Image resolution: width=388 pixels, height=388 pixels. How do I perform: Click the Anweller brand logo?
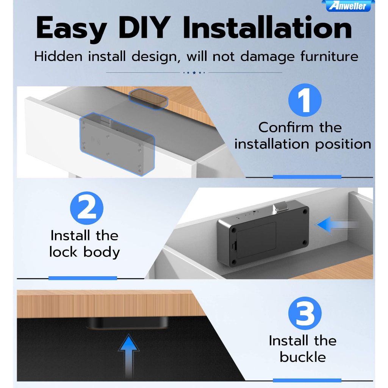pos(348,6)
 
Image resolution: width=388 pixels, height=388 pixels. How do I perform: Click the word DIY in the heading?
pos(145,27)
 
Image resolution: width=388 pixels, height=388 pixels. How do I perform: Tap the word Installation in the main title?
pos(267,27)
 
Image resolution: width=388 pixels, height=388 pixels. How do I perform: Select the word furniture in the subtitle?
pos(329,56)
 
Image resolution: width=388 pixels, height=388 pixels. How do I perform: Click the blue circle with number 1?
pos(305,100)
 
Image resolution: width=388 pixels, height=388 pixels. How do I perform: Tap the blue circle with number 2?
pos(87,208)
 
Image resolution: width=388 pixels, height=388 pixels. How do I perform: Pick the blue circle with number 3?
pos(305,313)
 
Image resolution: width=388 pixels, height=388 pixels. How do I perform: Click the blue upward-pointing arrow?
pos(129,356)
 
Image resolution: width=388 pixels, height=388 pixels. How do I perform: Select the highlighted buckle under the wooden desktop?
pos(148,99)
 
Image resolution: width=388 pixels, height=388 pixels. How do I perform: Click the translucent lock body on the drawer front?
pos(117,144)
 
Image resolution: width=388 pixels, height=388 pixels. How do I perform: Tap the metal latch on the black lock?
pos(280,207)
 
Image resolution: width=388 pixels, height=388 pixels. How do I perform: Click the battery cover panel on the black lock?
pos(256,240)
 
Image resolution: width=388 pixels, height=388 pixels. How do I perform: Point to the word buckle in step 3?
pos(303,357)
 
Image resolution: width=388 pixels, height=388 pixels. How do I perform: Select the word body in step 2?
pos(102,252)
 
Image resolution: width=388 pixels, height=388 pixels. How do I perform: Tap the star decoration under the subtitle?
pos(194,72)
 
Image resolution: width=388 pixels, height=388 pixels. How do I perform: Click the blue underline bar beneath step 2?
pos(83,278)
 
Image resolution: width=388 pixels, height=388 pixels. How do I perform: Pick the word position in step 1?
pos(343,144)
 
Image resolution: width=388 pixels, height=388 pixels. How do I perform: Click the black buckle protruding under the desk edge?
pos(127,323)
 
